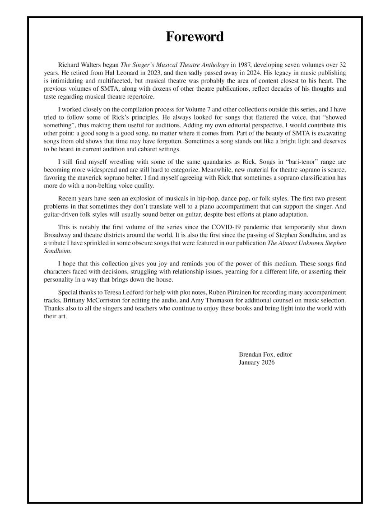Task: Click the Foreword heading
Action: (195, 37)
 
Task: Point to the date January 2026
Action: (256, 362)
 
